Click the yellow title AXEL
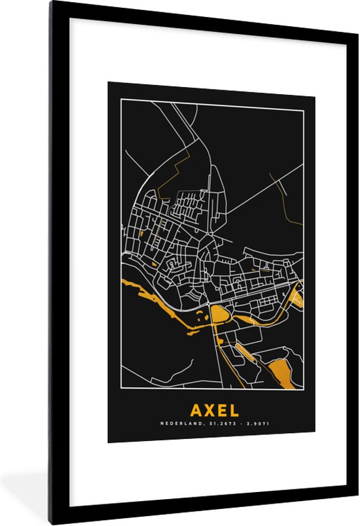[214, 410]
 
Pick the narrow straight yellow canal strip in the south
[243, 351]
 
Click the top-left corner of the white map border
[121, 99]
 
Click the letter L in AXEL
[234, 410]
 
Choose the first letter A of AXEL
[195, 410]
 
